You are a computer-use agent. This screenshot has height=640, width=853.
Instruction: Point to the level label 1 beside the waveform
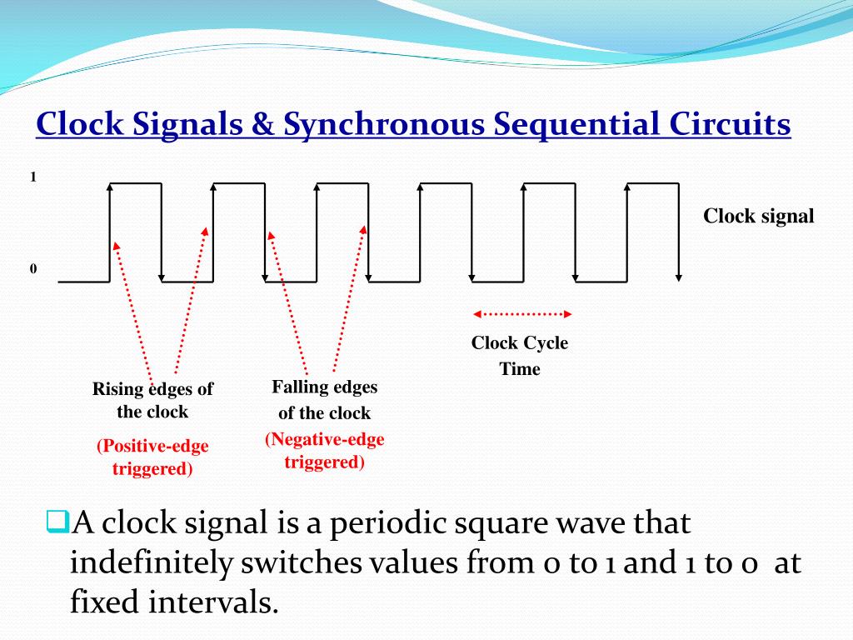(33, 177)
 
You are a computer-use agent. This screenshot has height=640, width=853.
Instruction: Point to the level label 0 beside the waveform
(33, 269)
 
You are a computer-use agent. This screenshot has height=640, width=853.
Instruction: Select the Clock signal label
(758, 217)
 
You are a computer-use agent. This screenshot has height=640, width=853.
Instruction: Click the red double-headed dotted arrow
(522, 314)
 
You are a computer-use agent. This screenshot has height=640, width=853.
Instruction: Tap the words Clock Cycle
(520, 343)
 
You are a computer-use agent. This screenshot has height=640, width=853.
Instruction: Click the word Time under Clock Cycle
(520, 369)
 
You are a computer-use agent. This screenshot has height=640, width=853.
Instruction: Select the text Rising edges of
(152, 389)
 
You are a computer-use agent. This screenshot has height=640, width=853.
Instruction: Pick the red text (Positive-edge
(152, 447)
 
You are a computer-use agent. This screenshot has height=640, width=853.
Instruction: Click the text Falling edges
(324, 387)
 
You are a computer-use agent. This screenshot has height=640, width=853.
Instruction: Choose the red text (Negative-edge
(325, 440)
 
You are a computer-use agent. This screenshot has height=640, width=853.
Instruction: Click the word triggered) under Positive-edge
(152, 469)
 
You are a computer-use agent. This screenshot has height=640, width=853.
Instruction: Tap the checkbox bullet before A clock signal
(56, 522)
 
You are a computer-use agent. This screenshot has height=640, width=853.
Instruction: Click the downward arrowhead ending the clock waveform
(680, 277)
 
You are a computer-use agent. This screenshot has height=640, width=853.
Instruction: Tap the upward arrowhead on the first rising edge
(110, 187)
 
